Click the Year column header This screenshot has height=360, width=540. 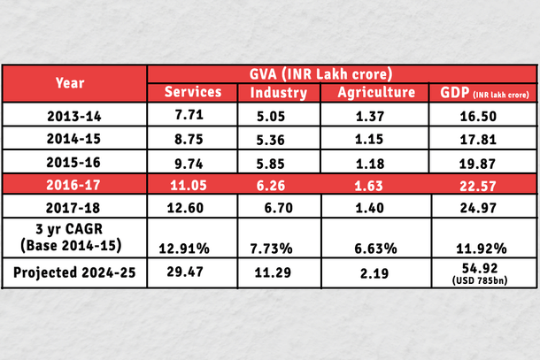70,83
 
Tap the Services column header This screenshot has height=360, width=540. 194,93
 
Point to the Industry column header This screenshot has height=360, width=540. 280,93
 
